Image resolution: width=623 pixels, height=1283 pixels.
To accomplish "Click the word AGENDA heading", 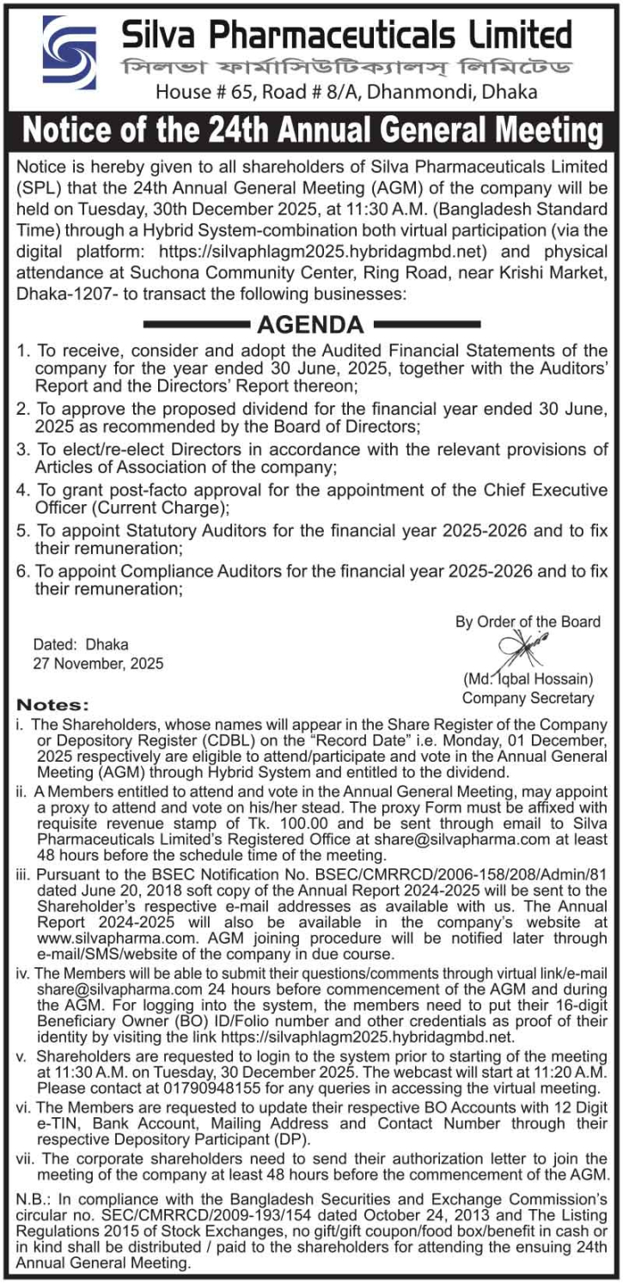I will coord(310,325).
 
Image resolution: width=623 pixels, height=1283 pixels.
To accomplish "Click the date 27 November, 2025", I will coord(98,663).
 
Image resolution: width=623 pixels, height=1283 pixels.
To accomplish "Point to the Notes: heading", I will coord(53,705).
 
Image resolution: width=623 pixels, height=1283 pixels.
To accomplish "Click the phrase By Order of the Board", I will coord(528,622).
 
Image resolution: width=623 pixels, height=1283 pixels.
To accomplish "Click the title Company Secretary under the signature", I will coord(528,698).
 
